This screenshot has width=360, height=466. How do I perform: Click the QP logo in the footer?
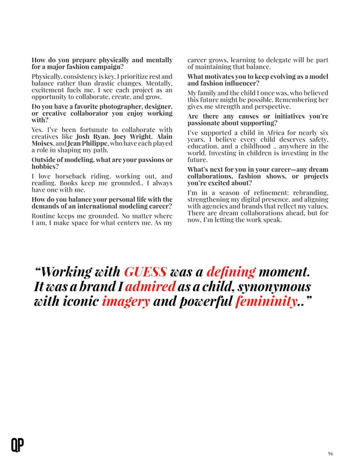(17, 445)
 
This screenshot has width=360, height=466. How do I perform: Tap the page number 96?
(330, 453)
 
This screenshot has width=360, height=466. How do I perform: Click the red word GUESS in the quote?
(145, 272)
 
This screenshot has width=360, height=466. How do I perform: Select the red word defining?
(231, 272)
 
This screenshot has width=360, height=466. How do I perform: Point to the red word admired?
(150, 286)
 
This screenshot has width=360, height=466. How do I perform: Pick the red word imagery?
(126, 301)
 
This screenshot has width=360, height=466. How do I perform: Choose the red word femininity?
(266, 301)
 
